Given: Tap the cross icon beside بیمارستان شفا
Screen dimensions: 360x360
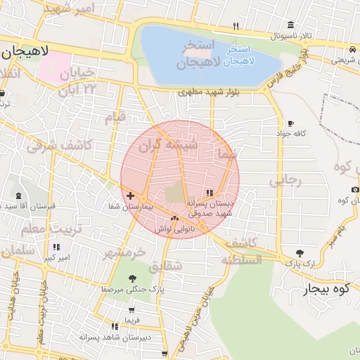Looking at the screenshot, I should tap(130, 195).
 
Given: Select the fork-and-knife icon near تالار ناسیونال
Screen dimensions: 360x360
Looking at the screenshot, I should tap(236, 27).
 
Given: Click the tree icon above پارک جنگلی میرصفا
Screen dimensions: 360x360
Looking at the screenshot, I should tap(132, 278).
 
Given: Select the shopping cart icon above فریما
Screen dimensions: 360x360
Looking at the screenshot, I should tap(131, 309).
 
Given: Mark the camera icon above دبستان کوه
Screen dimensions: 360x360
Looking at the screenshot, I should tap(355, 190).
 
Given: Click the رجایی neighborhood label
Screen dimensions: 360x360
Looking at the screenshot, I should tap(285, 181).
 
